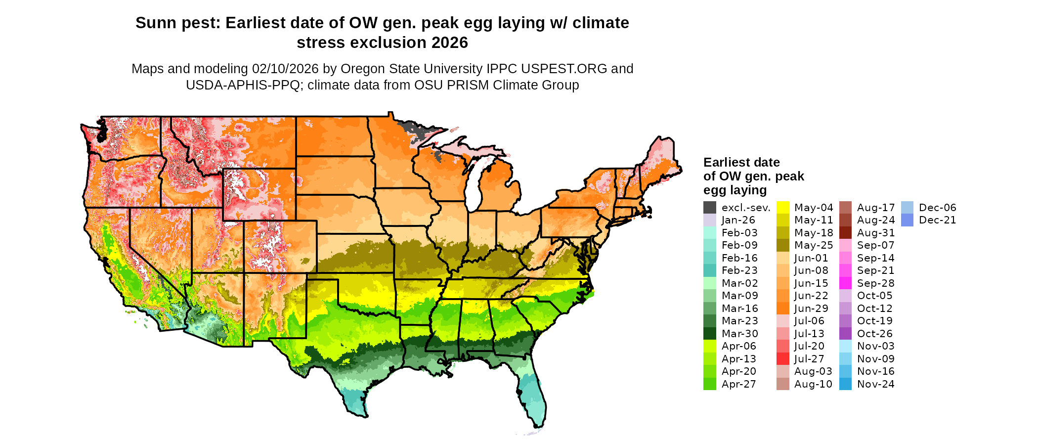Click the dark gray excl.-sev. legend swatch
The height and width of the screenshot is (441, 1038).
(709, 208)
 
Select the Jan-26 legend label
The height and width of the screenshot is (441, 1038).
(738, 220)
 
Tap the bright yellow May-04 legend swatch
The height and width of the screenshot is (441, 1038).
(782, 208)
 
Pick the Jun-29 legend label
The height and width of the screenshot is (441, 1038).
(812, 309)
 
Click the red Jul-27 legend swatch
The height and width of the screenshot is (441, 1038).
(782, 359)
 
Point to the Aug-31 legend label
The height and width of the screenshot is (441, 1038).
(876, 233)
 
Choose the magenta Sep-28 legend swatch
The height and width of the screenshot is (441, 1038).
(845, 283)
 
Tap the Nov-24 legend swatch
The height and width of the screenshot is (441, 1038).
(845, 384)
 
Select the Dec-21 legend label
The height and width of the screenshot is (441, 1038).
(938, 220)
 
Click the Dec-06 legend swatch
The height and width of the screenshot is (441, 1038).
(907, 208)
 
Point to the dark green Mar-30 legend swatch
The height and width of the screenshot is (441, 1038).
(709, 334)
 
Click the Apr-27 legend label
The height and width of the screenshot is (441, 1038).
(739, 384)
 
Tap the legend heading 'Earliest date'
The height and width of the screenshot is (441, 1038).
(741, 163)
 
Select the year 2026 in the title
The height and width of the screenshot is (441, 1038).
(449, 43)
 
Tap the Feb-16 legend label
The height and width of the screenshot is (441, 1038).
(739, 258)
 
